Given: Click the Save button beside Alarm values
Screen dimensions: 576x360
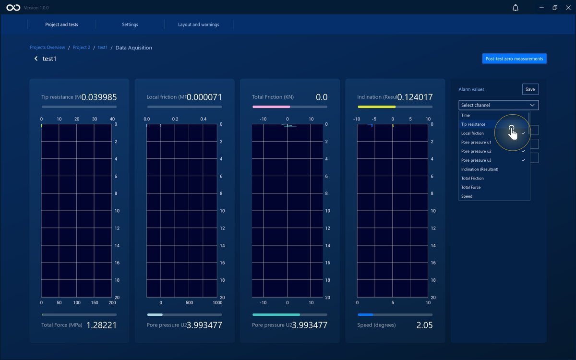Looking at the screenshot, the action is (x=530, y=89).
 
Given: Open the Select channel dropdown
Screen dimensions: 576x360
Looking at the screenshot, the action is (x=498, y=105).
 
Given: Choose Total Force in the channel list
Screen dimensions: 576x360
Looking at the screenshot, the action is (x=471, y=187).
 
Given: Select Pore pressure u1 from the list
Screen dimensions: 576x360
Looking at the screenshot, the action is (x=476, y=142).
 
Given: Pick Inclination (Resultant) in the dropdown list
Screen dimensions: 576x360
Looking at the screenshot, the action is (x=480, y=169).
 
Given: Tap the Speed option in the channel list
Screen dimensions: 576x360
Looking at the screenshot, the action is (x=467, y=196).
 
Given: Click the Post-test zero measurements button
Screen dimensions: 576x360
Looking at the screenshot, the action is (x=514, y=59).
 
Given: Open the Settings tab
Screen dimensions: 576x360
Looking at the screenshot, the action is (x=130, y=24).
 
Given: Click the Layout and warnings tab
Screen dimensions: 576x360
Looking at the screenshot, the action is (x=199, y=24).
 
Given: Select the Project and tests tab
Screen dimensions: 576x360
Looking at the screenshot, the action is (x=61, y=24).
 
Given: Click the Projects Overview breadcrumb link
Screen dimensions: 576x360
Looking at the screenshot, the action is (x=48, y=48).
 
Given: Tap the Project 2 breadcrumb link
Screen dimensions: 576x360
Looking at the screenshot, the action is (x=82, y=48).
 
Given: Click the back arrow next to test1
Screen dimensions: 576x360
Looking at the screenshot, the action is (x=36, y=59).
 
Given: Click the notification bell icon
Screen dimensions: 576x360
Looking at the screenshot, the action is (x=516, y=8).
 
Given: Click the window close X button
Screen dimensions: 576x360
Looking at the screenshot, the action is (x=568, y=8).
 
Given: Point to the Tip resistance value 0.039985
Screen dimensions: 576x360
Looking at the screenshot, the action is (x=99, y=97).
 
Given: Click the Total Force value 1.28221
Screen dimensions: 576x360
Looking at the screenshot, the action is (x=102, y=325).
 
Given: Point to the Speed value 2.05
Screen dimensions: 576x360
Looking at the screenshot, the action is (x=424, y=325).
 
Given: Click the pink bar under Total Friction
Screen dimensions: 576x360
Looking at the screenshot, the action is (x=271, y=107).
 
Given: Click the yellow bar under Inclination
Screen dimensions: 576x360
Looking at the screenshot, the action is (x=377, y=107).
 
